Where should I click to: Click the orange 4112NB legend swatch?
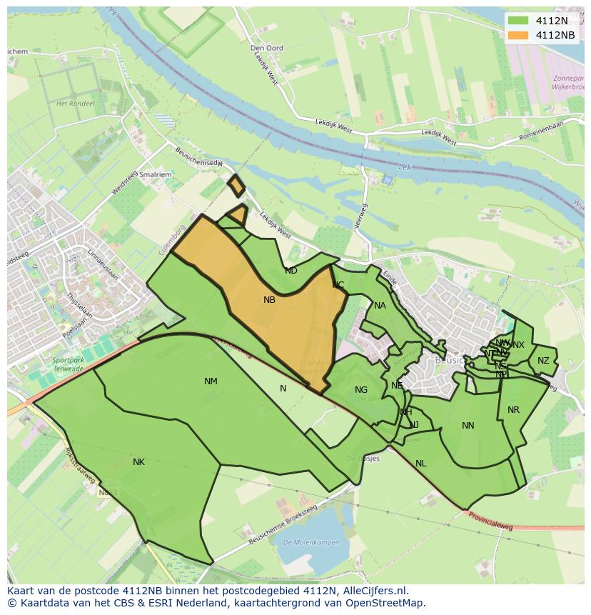click(519, 35)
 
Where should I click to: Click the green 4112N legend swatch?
click(519, 21)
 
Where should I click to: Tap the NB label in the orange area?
click(269, 300)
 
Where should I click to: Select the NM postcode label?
click(211, 381)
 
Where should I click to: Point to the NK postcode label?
click(138, 462)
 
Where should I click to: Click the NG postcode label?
click(361, 390)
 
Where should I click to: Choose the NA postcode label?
click(380, 306)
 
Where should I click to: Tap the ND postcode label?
click(291, 271)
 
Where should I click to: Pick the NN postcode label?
click(468, 426)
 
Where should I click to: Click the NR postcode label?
click(513, 410)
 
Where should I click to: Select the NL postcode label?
click(420, 464)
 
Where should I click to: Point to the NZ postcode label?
click(544, 361)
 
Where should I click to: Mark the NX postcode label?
click(518, 345)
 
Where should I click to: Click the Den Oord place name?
click(267, 48)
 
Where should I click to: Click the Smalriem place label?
click(156, 174)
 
